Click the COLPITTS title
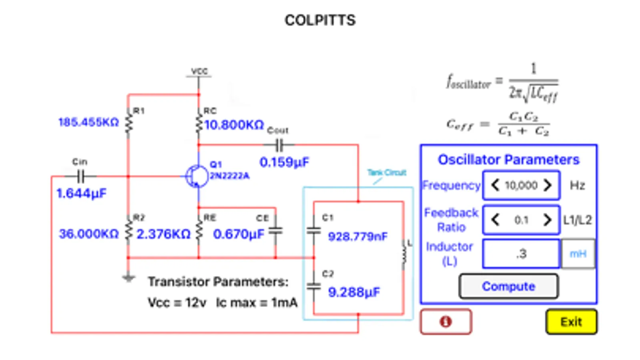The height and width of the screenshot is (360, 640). pos(320,20)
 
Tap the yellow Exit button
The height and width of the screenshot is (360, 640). pos(571,322)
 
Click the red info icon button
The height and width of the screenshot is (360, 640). pos(445,322)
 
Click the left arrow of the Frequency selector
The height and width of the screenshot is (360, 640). pos(495,185)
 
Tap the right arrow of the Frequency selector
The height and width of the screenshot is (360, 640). pos(547,185)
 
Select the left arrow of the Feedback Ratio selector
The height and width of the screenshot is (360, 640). pos(495,220)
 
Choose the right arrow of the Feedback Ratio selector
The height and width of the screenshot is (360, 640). pos(547,220)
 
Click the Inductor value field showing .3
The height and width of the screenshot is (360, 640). pos(521,254)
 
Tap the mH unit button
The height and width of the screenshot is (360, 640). pos(578,254)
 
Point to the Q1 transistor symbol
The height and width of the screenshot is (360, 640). pos(197,176)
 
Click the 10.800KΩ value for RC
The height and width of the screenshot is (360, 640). pos(234,125)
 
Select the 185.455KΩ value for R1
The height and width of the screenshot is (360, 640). pos(88,122)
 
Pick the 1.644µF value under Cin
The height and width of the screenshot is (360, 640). pos(81,194)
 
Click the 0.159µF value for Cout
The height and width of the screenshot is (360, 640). pos(284,162)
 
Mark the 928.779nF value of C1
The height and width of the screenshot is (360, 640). pos(357,236)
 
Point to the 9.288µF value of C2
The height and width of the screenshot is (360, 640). pos(354,292)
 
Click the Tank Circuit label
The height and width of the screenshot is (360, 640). pos(387,172)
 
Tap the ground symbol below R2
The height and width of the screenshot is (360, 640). pos(128,278)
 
